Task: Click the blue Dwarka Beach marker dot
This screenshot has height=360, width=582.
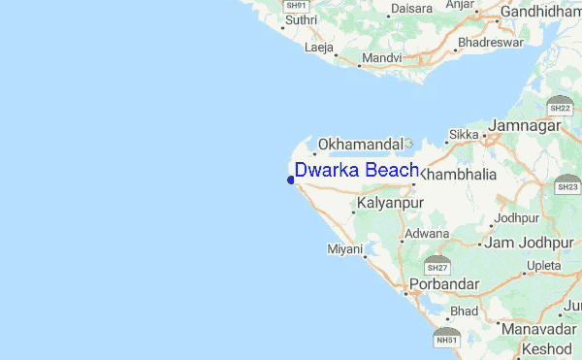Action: pos(291,180)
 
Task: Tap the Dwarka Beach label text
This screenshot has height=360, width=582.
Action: pos(356,171)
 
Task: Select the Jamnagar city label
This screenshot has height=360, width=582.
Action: pos(526,126)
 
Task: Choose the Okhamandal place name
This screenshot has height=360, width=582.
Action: pos(360,144)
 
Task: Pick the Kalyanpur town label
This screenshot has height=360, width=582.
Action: pos(391,204)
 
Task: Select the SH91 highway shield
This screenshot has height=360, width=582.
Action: pos(296,6)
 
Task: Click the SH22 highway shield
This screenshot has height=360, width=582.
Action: pos(559,104)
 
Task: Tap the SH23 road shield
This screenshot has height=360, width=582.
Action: pos(568,184)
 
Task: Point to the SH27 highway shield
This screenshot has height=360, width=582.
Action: pos(437,265)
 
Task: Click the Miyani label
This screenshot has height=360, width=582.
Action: pos(344,249)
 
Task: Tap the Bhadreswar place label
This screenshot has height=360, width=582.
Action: pos(490,43)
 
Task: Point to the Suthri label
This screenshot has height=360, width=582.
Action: pos(300,19)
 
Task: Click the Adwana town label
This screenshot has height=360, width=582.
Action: pos(427,234)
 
